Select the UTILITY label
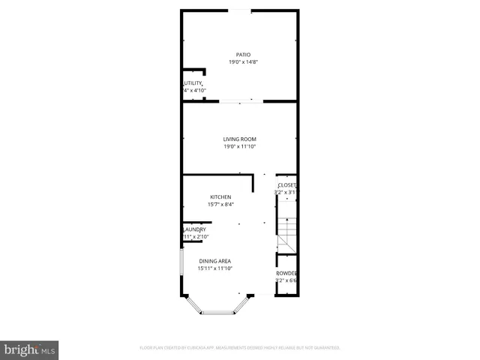pos(193,83)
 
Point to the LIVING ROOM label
pos(240,139)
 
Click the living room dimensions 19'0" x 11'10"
pos(240,147)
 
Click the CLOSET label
pos(287,185)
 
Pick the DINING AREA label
pos(215,260)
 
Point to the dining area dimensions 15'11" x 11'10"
pos(215,268)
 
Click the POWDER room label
pos(287,273)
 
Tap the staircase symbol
pos(287,232)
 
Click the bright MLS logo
pos(29,349)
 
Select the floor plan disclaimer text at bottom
pos(240,348)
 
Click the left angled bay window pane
pos(193,304)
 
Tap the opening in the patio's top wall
pos(240,10)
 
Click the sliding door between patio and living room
pos(240,102)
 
